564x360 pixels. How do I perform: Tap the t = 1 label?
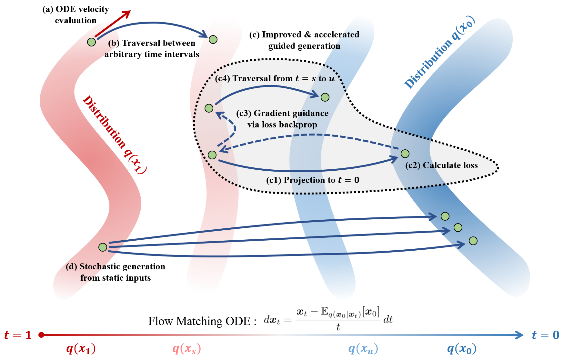click(18, 335)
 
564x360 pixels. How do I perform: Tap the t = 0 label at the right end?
click(545, 335)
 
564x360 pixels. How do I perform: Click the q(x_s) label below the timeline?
click(186, 349)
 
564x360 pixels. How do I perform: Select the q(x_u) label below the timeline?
click(363, 349)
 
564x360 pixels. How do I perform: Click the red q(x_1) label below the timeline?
click(81, 349)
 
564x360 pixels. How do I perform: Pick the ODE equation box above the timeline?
click(328, 318)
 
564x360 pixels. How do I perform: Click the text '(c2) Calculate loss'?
click(441, 165)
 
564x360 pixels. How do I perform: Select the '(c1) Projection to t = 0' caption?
click(312, 180)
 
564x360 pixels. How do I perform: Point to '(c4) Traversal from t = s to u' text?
click(275, 78)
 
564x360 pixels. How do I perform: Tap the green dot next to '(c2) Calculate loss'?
click(405, 154)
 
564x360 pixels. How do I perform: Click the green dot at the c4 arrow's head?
click(325, 97)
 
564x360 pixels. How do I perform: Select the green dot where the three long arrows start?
click(103, 247)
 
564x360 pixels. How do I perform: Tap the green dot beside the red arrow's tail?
click(91, 42)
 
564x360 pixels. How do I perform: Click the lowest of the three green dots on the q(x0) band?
click(473, 241)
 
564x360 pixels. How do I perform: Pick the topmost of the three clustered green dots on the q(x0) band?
click(445, 216)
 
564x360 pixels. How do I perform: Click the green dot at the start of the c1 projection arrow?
click(212, 155)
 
